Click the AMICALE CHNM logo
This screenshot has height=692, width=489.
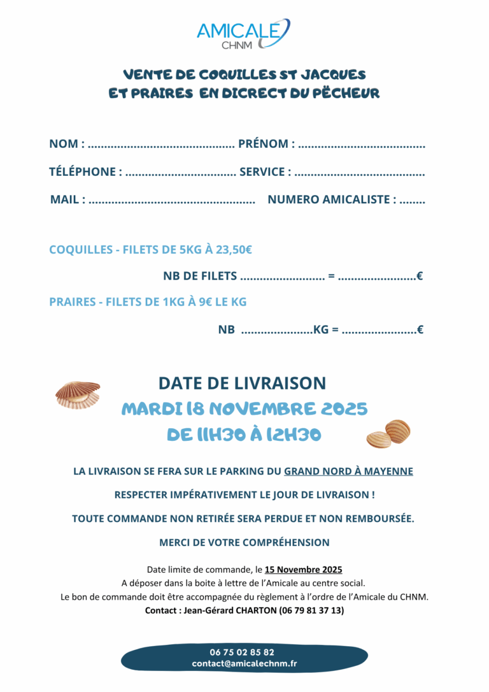tap(243, 34)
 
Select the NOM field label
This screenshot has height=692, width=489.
tap(63, 144)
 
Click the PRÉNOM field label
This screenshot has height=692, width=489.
tap(262, 144)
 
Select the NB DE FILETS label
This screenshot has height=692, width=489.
tap(200, 277)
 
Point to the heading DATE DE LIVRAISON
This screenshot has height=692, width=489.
tap(242, 383)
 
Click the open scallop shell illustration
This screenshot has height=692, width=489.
tap(78, 394)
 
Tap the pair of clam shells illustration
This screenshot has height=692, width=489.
tap(388, 434)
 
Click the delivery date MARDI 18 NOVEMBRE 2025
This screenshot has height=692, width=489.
tap(244, 408)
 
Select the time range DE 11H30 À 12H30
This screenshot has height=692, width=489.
tap(244, 435)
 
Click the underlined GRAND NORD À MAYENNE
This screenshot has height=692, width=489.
tap(348, 472)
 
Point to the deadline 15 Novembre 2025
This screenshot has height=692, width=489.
tap(304, 570)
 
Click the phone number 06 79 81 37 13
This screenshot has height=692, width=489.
tap(311, 610)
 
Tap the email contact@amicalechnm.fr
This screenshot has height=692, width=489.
tap(244, 664)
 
